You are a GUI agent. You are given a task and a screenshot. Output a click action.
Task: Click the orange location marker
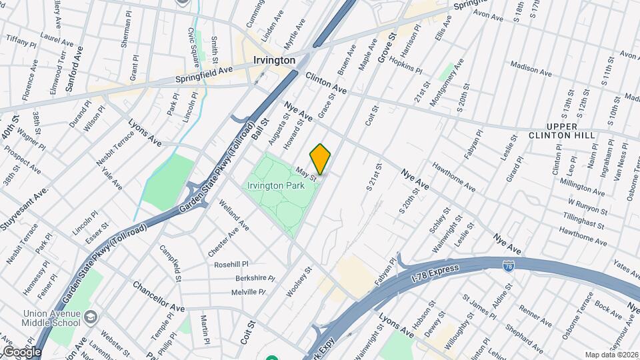pyautogui.click(x=321, y=159)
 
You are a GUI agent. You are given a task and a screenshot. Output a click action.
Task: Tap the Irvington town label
pyautogui.click(x=274, y=60)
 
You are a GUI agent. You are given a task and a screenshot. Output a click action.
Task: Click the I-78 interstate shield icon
pyautogui.click(x=509, y=266)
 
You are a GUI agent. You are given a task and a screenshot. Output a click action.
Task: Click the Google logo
pyautogui.click(x=22, y=351)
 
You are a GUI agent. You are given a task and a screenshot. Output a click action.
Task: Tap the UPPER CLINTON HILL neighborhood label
pyautogui.click(x=570, y=131)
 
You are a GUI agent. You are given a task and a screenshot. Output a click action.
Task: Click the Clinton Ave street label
pyautogui.click(x=326, y=83)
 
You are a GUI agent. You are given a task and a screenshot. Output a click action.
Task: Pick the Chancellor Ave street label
pyautogui.click(x=158, y=297)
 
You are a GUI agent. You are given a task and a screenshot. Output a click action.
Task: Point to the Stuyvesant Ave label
pyautogui.click(x=24, y=209)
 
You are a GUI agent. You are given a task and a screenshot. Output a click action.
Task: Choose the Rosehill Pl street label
pyautogui.click(x=231, y=264)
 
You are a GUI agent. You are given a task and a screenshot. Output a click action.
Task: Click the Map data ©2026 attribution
pyautogui.click(x=611, y=355)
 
